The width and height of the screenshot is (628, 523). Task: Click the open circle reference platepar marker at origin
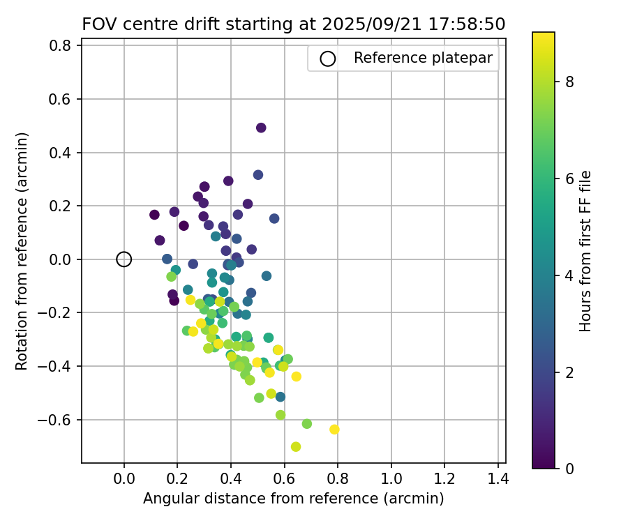[x=124, y=259]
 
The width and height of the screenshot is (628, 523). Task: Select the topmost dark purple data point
[x=261, y=128]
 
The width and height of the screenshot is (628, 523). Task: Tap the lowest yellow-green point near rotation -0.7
[x=296, y=446]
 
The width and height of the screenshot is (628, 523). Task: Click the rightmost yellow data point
[x=334, y=430]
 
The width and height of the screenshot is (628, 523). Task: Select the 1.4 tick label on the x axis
[x=498, y=480]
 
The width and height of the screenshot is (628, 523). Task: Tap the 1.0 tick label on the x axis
[x=391, y=480]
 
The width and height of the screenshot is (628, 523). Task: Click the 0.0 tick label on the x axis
[x=124, y=480]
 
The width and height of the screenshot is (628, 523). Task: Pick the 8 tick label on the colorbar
[x=569, y=82]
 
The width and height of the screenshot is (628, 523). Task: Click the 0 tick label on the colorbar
[x=569, y=469]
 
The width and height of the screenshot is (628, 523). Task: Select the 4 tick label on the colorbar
[x=569, y=275]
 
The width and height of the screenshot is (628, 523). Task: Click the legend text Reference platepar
[x=424, y=58]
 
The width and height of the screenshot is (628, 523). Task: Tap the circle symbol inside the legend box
[x=328, y=59]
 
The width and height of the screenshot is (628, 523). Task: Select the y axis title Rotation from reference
[x=22, y=251]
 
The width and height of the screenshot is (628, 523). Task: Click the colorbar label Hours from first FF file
[x=586, y=251]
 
